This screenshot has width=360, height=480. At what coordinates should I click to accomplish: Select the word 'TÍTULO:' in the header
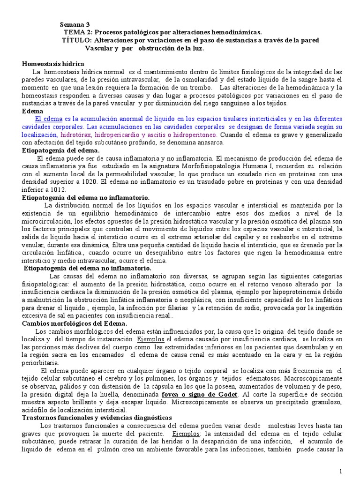75,40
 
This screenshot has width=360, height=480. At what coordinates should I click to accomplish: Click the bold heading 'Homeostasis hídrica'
53,63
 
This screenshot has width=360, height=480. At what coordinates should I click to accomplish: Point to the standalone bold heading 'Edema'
32,111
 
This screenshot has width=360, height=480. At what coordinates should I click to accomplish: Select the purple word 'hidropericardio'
117,135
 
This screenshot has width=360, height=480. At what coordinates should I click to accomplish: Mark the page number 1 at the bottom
341,470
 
